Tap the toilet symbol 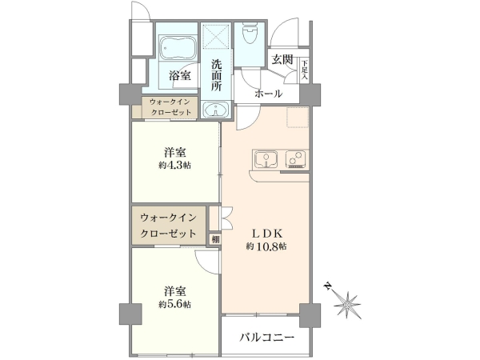(250, 34)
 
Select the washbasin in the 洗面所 (216, 110)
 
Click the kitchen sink (266, 159)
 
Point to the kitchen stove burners (296, 159)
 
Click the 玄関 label (282, 60)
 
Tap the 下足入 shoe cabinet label (304, 70)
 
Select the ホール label (268, 94)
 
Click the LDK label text (266, 234)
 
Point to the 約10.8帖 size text (266, 246)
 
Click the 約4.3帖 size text (174, 166)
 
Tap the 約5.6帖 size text (174, 304)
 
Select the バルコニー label (266, 338)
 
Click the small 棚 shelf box (215, 239)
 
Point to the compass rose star (347, 306)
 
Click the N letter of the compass (328, 286)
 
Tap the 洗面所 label (216, 75)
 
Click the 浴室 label (180, 76)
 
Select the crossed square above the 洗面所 (216, 36)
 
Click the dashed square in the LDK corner (298, 117)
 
